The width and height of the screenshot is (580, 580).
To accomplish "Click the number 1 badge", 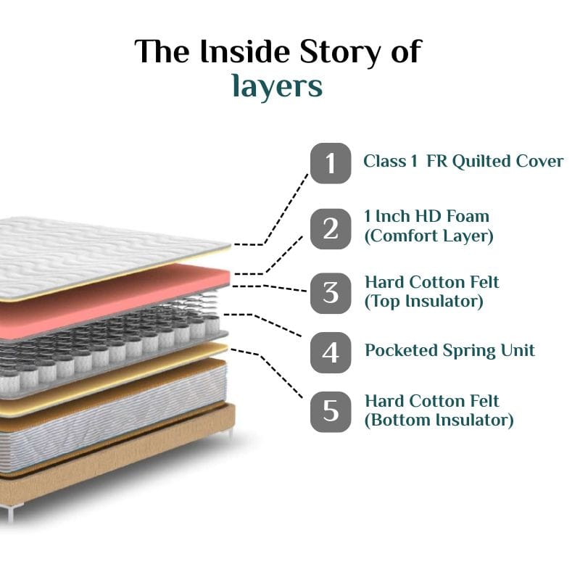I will coord(331,162).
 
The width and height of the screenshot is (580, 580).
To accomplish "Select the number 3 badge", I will coord(331,293).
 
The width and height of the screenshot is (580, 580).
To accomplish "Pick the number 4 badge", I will coord(331,352).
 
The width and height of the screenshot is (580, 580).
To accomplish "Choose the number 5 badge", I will coord(331,411).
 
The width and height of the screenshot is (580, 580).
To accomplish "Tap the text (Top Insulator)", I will coord(423,301).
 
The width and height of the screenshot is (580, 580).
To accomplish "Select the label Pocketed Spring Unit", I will coord(449,350).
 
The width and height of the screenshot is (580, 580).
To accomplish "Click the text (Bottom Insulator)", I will coord(439,420).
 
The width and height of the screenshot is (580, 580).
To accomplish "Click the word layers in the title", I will coord(277,86).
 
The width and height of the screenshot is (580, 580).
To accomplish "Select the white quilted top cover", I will coord(94,254).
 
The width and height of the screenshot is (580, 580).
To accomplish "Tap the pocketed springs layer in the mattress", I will coord(109,341).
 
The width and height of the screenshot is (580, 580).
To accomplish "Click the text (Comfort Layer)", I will coord(428,236).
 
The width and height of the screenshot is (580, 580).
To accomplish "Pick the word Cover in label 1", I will coord(539,161).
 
